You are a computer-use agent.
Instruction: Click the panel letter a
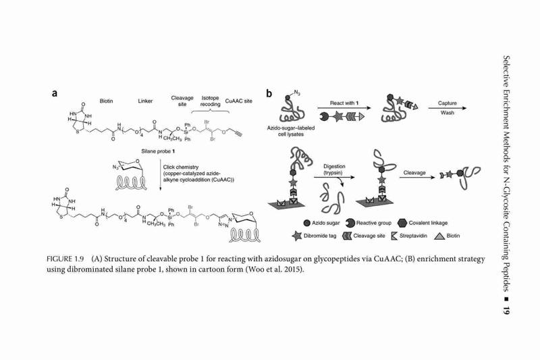pos(55,93)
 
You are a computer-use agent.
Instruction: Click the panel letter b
pos(269,93)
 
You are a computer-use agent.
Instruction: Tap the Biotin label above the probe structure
pos(106,101)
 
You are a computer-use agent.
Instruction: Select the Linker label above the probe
pos(145,101)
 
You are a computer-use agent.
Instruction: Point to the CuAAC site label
pos(239,101)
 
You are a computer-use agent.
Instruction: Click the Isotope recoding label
pos(210,101)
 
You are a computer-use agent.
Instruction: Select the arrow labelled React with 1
pos(344,108)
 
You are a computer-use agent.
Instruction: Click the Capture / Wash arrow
pos(448,108)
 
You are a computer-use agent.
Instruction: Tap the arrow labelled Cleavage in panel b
pos(417,178)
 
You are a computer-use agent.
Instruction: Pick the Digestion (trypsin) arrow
pos(334,178)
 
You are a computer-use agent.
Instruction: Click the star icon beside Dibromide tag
pos(296,236)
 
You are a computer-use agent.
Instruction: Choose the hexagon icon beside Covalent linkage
pos(402,223)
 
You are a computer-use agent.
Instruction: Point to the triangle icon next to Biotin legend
pos(439,236)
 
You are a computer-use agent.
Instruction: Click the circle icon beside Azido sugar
pos(307,224)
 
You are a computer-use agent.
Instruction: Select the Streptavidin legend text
pos(413,236)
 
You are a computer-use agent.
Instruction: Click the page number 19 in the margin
pos(506,310)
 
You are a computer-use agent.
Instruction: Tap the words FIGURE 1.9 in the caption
pos(65,259)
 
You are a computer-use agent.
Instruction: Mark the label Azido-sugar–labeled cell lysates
pos(291,131)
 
